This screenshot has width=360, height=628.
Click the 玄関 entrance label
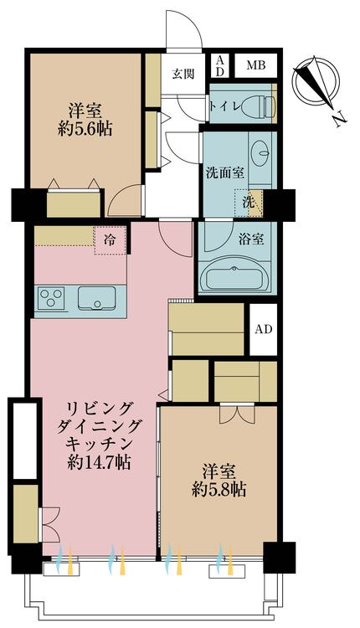183,74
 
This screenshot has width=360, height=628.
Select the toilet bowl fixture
263,106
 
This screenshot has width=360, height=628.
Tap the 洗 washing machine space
249,201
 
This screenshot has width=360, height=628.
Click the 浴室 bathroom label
252,239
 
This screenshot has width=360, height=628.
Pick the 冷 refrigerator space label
110,240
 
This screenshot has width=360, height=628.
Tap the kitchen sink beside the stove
96,297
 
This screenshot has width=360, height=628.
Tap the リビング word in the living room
100,408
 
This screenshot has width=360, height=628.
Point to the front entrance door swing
183,29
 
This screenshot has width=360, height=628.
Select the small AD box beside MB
220,65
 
